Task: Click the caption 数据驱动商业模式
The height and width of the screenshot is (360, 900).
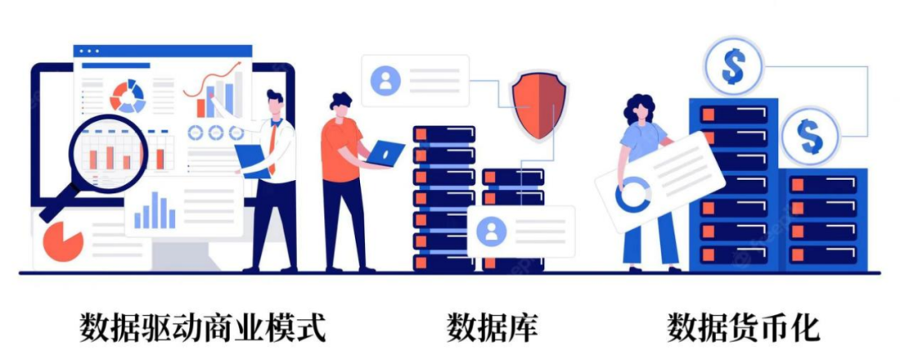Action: tap(202, 327)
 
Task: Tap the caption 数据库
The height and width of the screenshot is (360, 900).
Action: tap(493, 327)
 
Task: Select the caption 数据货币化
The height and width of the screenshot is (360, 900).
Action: tap(744, 327)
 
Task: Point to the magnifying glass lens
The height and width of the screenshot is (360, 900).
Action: tap(108, 153)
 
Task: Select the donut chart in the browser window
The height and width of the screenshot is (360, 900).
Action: tap(128, 96)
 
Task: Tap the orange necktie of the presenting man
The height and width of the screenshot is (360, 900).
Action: tap(274, 148)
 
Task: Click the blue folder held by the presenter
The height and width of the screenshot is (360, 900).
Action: tap(252, 161)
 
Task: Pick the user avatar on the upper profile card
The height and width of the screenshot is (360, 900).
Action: tap(385, 80)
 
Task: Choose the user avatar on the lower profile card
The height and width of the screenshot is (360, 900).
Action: tap(492, 231)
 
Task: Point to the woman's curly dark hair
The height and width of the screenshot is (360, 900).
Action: tap(639, 109)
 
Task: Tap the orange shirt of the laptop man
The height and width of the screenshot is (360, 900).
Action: tap(340, 149)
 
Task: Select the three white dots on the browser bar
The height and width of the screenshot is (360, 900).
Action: tap(89, 51)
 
